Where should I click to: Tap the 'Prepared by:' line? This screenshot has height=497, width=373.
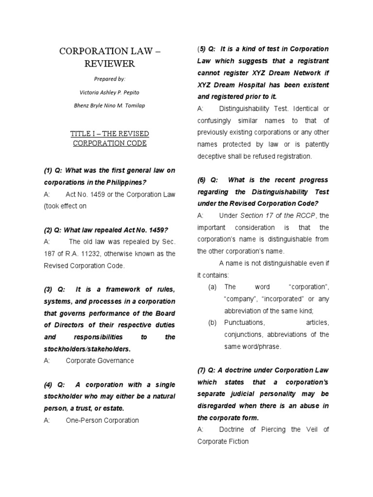pos(109,78)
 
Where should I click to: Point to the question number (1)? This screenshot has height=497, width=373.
pos(48,171)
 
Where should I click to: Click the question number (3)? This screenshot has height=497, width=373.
pos(48,289)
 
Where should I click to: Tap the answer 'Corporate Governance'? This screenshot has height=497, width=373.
pos(100,361)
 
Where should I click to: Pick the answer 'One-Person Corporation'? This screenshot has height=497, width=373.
pos(102,420)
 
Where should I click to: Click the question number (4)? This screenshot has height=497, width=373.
pos(48,384)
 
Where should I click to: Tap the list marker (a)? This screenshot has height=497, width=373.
pos(212,287)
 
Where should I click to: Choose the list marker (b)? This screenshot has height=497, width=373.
pos(212,323)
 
